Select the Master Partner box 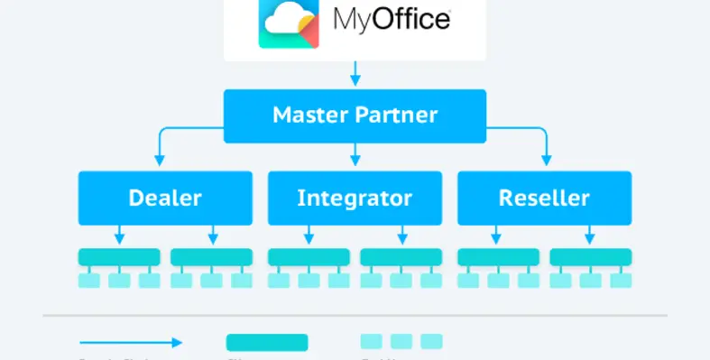[355, 115]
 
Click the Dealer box [164, 198]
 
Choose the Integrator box [355, 198]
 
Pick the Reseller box [544, 198]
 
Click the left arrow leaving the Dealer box [119, 235]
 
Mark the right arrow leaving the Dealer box [212, 235]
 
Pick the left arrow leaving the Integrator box [309, 235]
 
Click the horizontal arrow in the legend [131, 342]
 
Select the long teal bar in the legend [266, 342]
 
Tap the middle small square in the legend [401, 341]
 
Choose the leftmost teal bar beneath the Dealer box [119, 257]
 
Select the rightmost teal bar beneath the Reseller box [591, 257]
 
